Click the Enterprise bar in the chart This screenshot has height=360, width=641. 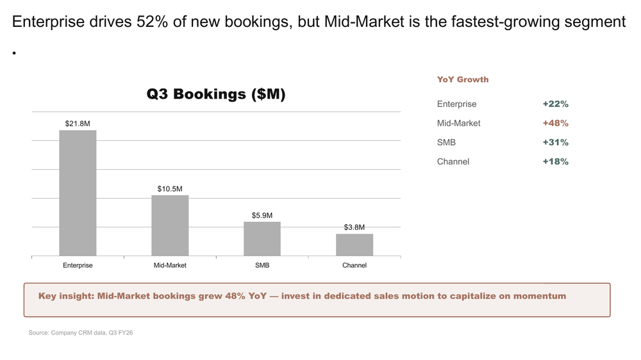pyautogui.click(x=78, y=193)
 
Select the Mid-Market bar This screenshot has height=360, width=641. pyautogui.click(x=170, y=225)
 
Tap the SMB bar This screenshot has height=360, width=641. pyautogui.click(x=262, y=239)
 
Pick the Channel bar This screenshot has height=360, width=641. pyautogui.click(x=354, y=245)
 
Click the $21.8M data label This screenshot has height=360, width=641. pyautogui.click(x=78, y=123)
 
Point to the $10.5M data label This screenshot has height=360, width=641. pyautogui.click(x=170, y=189)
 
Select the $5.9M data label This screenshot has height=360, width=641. pyautogui.click(x=262, y=216)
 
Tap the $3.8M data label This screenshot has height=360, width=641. pyautogui.click(x=354, y=227)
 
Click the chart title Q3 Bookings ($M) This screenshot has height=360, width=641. pyautogui.click(x=216, y=94)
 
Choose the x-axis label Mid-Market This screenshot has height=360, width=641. pyautogui.click(x=170, y=265)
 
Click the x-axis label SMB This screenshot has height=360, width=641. pyautogui.click(x=262, y=265)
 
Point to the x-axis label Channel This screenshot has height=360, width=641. pyautogui.click(x=354, y=265)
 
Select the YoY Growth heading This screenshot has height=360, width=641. pyautogui.click(x=463, y=79)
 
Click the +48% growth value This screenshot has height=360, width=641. pyautogui.click(x=555, y=123)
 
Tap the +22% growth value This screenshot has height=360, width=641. pyautogui.click(x=555, y=104)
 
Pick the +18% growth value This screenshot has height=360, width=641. pyautogui.click(x=555, y=161)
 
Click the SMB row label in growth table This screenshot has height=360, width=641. pyautogui.click(x=446, y=142)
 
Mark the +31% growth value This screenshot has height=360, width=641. pyautogui.click(x=555, y=142)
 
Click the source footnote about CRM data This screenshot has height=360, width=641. pyautogui.click(x=81, y=333)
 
